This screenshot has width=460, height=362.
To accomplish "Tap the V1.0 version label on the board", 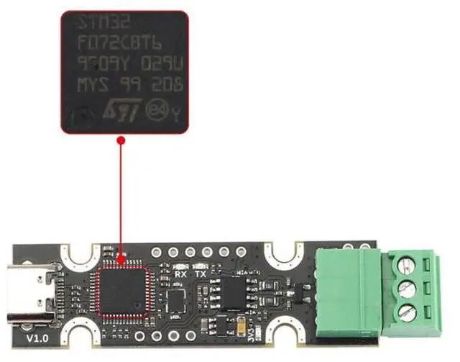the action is (x=38, y=338).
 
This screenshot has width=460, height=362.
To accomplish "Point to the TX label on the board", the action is (x=201, y=275).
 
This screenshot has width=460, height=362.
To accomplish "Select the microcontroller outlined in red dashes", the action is (x=123, y=288).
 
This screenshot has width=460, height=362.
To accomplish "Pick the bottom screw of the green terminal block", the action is (x=407, y=312).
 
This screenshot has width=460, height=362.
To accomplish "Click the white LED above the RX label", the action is (x=180, y=266).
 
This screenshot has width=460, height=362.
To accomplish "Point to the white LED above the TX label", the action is (x=201, y=266).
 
